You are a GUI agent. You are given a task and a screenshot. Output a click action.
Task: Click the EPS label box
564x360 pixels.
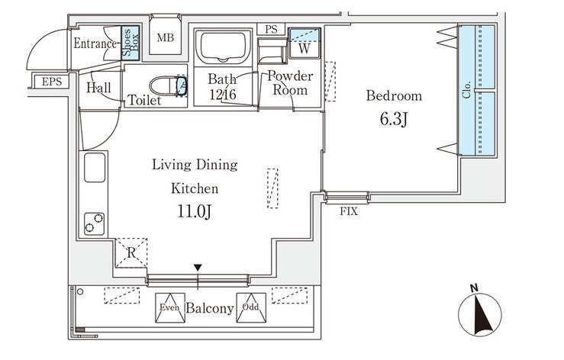click(x=51, y=82)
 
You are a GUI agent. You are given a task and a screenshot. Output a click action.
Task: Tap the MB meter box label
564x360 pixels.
click(x=165, y=37)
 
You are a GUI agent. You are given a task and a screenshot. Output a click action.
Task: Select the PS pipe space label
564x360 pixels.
click(x=271, y=29)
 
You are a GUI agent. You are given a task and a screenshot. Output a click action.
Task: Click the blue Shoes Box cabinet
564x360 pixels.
click(x=130, y=43)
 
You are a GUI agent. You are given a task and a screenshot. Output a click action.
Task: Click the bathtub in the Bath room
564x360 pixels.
click(x=223, y=47)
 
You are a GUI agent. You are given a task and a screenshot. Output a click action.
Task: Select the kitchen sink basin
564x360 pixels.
click(x=95, y=167)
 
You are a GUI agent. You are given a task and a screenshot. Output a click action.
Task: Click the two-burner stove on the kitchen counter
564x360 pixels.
click(x=94, y=223)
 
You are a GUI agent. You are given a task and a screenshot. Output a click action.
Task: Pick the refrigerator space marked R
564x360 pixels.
click(x=131, y=252)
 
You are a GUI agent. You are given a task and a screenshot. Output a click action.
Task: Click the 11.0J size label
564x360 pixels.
click(x=194, y=211)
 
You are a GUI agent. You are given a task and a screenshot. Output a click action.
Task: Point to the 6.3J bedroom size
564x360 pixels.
click(x=394, y=119)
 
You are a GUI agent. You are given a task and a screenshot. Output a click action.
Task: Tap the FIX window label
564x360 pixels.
click(x=349, y=211)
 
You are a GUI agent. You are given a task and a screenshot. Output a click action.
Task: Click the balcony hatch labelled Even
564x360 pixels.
click(x=169, y=308)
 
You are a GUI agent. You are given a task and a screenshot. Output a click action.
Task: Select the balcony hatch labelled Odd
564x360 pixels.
click(x=251, y=308)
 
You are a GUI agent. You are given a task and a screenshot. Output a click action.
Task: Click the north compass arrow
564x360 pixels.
click(x=480, y=315)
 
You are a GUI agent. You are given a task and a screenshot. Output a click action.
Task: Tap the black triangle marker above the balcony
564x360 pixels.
click(x=198, y=268)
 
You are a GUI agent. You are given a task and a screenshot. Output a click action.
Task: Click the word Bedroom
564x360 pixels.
click(x=394, y=95)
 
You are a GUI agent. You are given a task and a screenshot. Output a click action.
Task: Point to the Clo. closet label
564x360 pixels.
click(x=467, y=90)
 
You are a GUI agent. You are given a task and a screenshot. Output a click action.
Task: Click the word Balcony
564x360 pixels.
click(x=210, y=308)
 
